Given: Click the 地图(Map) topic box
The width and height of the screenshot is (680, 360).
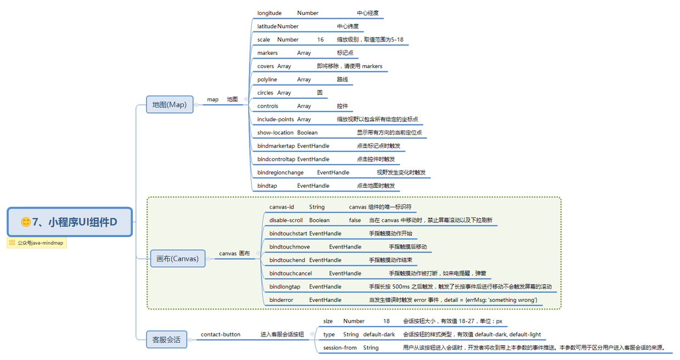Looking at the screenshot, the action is (169, 104).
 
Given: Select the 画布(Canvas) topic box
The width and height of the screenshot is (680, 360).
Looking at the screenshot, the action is (178, 258).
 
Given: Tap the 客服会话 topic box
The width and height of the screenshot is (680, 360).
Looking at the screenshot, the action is (166, 339).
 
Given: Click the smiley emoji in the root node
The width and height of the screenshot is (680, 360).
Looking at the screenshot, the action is (26, 222).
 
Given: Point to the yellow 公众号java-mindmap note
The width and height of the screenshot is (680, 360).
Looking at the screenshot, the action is (37, 243).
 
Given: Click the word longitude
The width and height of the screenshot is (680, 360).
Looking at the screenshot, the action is (269, 13).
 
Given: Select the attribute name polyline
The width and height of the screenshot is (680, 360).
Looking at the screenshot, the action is (267, 80).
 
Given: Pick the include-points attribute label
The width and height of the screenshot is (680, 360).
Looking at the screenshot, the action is (275, 120).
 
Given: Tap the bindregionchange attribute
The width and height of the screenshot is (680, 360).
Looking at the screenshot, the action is (280, 172).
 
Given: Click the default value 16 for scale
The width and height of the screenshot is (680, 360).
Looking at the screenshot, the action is (320, 40).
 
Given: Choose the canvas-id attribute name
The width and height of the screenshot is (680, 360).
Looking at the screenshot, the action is (281, 207).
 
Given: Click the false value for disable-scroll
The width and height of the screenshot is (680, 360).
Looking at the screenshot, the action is (355, 220).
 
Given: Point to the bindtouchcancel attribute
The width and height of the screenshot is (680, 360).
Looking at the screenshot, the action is (291, 273).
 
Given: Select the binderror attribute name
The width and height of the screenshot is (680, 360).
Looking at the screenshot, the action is (281, 300).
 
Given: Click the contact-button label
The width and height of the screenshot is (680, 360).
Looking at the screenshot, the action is (220, 334).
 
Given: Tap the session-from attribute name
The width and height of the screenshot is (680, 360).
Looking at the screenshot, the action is (339, 347).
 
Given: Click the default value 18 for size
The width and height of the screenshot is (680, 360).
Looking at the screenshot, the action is (386, 321).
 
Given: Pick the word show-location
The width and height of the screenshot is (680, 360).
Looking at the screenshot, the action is (275, 133).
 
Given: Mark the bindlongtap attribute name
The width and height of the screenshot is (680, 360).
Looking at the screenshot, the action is (285, 287).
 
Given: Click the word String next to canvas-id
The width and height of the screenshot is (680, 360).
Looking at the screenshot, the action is (317, 207).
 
